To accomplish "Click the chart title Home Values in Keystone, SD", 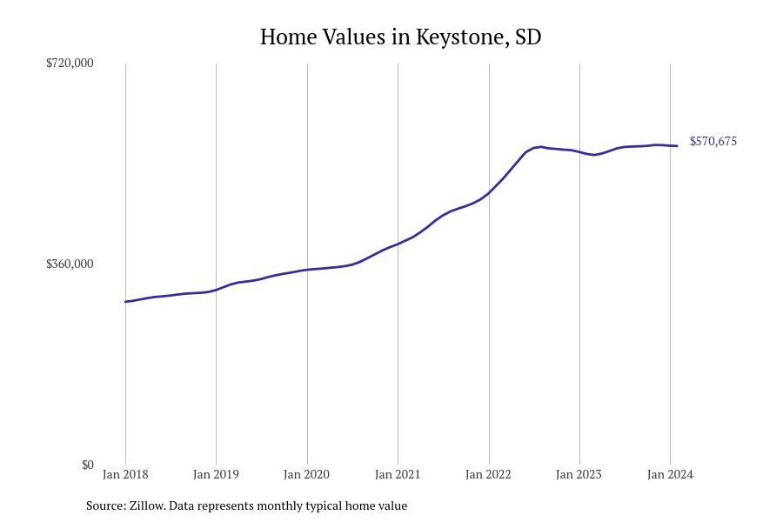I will (400, 37).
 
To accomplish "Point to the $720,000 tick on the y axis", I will (70, 63).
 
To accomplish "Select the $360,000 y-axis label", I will (70, 264).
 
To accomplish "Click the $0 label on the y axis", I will (87, 465).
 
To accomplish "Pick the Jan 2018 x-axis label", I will (125, 474).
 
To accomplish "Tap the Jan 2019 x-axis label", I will (216, 474).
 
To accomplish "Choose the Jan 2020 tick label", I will (306, 474).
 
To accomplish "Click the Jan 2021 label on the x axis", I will (398, 474).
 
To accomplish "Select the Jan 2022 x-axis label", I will (488, 474).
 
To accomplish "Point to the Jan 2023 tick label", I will (579, 474).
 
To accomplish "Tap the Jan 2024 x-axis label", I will (670, 474).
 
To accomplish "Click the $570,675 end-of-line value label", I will (713, 141).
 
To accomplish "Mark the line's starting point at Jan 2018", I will (125, 302).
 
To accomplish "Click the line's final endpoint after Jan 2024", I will (678, 146).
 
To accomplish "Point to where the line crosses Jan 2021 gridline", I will (398, 244).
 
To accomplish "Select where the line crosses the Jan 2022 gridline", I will (489, 193).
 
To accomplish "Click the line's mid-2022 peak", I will (541, 146).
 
